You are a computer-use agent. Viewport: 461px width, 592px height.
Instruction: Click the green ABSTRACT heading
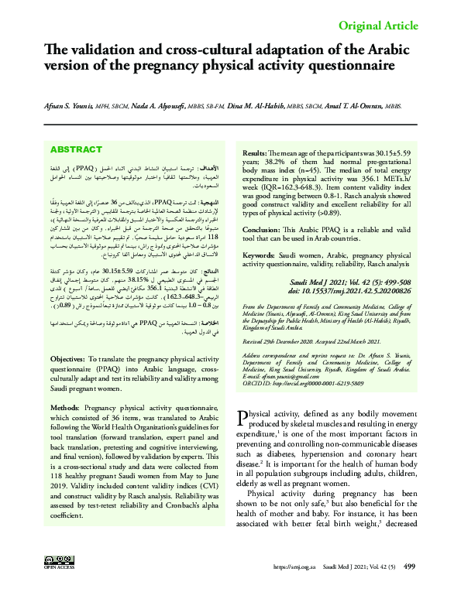(98, 149)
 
